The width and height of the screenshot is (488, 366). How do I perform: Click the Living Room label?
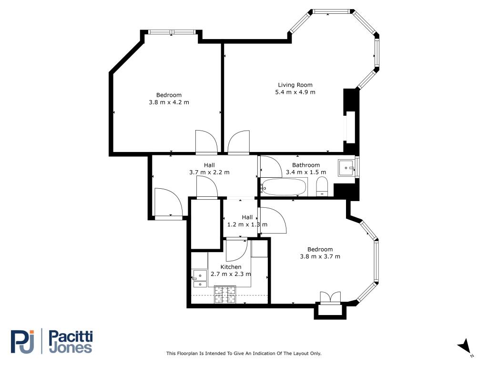tap(295, 85)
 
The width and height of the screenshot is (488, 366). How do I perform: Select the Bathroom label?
tap(306, 165)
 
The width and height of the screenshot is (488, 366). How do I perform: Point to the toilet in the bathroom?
tap(322, 186)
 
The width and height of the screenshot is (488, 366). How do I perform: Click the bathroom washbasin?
tap(346, 168)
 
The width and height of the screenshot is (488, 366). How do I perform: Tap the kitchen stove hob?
tap(225, 295)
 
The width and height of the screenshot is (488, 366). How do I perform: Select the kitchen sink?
tap(199, 275)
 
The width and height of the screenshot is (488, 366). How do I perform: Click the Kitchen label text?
tap(231, 267)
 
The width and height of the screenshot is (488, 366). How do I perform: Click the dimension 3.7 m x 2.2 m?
tap(209, 173)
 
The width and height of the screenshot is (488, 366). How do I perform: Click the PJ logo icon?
tap(23, 341)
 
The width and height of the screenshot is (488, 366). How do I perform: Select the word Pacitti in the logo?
tap(71, 337)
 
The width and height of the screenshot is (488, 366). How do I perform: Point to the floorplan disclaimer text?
tap(244, 354)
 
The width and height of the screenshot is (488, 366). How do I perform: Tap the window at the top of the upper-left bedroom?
tap(172, 32)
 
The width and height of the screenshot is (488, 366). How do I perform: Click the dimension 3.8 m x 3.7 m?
tap(320, 257)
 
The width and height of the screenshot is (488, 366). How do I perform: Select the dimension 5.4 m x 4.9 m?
tap(295, 92)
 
